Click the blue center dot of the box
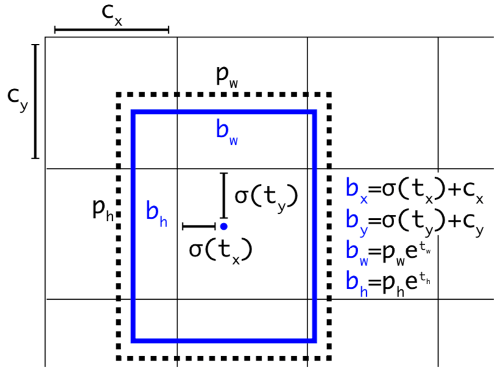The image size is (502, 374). tap(224, 227)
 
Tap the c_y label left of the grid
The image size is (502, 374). tap(16, 97)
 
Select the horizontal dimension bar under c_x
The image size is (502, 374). tap(111, 29)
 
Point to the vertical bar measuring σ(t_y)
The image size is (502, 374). tap(224, 196)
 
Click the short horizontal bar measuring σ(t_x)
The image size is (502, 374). tap(199, 227)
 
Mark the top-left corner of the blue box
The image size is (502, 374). tap(133, 112)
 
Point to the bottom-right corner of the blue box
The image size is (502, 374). tap(314, 340)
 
